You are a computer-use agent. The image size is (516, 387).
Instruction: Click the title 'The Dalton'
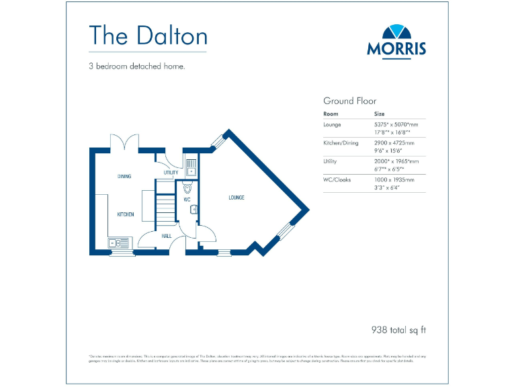pos(148,35)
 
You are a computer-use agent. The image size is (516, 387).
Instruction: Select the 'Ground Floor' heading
pos(350,101)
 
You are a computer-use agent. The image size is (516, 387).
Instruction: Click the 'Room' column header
pos(331,114)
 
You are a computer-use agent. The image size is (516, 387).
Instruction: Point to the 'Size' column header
pos(380,114)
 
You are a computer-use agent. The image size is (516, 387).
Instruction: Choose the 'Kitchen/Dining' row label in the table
pos(341,143)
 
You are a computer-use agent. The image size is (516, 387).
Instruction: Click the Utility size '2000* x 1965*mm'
pos(396,161)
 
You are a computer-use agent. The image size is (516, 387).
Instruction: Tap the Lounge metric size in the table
pos(396,124)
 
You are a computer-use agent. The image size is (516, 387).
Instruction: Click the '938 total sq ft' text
pos(398,330)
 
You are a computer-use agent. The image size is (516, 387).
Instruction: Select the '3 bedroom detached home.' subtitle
pos(136,66)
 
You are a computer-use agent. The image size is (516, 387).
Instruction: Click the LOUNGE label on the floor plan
pos(236,198)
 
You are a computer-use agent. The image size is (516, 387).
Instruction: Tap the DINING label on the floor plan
pos(124,176)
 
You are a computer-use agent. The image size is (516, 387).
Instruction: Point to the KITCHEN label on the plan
pos(125,214)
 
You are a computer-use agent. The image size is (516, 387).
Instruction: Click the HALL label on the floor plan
pos(167,236)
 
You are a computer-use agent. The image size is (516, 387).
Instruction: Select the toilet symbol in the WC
pos(187,189)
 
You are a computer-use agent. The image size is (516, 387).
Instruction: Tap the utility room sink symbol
pos(191,167)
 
